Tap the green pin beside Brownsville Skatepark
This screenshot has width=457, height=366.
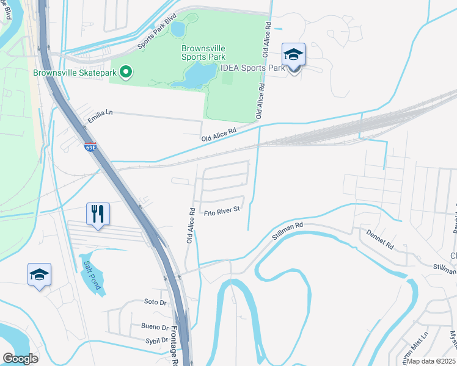[126, 73]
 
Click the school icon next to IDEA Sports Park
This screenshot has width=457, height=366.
[293, 55]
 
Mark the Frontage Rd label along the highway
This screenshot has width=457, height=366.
[173, 348]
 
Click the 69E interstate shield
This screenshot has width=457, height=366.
[90, 147]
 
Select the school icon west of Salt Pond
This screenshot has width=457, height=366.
[39, 274]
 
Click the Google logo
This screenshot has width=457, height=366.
[20, 359]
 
